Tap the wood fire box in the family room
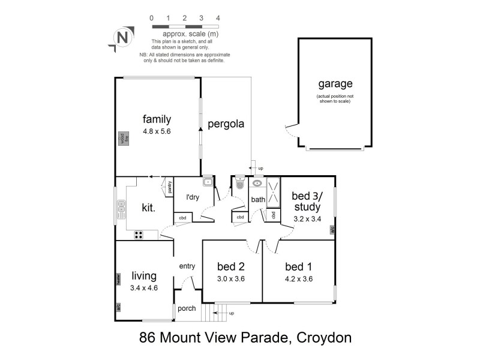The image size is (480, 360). click(x=122, y=139)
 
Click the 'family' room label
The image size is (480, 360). click(x=157, y=119)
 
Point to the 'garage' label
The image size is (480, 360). click(x=335, y=85)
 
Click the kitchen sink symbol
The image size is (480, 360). click(x=121, y=210)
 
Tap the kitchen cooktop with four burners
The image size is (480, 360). click(x=138, y=235)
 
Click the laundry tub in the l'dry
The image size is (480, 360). click(x=208, y=182)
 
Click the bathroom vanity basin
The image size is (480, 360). click(x=257, y=184)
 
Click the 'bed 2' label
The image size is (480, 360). click(x=231, y=266)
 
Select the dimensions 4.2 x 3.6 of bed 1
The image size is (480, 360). click(x=299, y=278)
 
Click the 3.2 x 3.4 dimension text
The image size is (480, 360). click(x=307, y=218)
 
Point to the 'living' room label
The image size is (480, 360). click(x=144, y=276)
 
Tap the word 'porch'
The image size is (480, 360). click(x=187, y=309)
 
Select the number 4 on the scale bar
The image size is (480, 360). click(x=218, y=17)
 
